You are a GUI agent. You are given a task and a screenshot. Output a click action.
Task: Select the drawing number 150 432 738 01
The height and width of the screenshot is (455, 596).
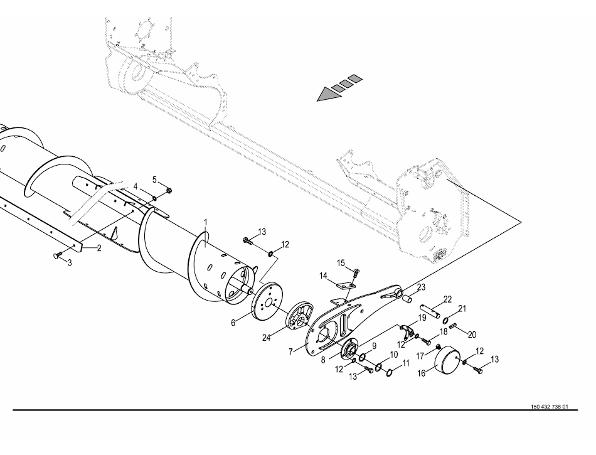tap(549, 407)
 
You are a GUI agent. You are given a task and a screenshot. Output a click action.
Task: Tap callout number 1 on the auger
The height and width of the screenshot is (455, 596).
tap(206, 222)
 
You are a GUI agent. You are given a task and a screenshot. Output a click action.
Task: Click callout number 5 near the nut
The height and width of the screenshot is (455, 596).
tap(154, 179)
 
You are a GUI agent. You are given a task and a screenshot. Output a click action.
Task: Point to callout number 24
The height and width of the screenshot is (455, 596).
tap(266, 337)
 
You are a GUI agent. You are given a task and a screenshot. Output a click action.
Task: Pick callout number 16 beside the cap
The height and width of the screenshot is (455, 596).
tap(422, 373)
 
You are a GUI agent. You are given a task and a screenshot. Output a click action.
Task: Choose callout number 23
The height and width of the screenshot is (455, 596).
tap(422, 287)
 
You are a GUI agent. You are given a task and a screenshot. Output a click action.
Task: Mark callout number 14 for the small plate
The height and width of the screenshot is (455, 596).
tap(323, 276)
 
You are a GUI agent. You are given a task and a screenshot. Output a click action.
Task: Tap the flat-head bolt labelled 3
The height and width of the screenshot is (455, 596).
tap(58, 255)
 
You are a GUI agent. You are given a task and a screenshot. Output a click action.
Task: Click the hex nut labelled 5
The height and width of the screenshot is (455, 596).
tap(169, 190)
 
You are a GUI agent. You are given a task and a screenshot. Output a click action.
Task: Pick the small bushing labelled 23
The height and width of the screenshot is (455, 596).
tap(407, 297)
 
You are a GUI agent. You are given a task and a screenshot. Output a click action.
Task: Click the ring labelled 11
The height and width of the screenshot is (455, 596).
tap(389, 373)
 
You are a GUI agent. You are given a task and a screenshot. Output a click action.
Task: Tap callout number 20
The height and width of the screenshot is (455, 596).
tap(472, 335)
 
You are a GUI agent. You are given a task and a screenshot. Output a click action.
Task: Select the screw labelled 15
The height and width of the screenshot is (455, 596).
tap(356, 272)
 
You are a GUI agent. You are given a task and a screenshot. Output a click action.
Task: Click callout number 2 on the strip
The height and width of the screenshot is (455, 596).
tap(99, 249)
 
